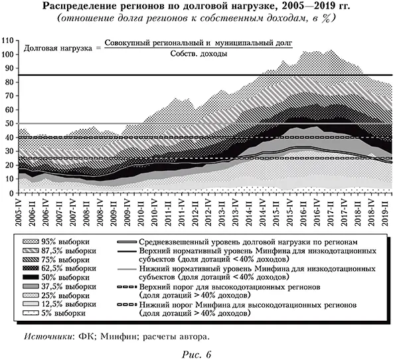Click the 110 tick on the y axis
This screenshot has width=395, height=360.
coord(9,41)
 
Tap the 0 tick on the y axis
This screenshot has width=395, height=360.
coord(13,193)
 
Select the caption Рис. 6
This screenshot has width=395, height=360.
coord(197,352)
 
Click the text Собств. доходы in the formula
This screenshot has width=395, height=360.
coord(198,53)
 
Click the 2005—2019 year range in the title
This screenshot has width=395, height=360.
coord(307,7)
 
